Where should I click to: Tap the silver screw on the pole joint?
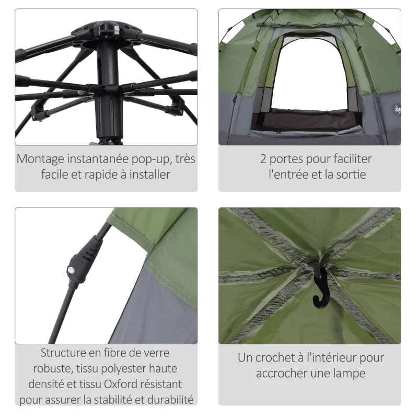click(x=70, y=270)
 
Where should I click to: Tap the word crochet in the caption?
click(x=281, y=358)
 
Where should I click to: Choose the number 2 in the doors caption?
click(x=264, y=158)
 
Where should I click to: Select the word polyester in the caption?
click(x=119, y=369)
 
